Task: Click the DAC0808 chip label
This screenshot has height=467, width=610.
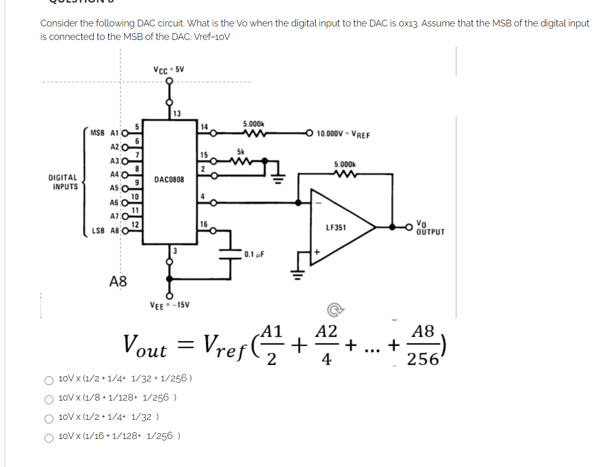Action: (x=169, y=180)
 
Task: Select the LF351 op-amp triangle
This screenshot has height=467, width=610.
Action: (x=340, y=227)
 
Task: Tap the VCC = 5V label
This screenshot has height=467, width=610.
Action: (x=168, y=70)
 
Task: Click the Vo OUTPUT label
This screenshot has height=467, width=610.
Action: (x=430, y=228)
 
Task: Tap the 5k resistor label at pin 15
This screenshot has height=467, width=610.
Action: (x=240, y=152)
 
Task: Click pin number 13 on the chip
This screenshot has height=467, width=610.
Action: (x=177, y=114)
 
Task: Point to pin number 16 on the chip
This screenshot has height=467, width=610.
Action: (x=204, y=224)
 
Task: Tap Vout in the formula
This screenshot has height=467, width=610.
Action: (x=145, y=345)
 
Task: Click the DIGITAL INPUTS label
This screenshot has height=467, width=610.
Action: (x=63, y=182)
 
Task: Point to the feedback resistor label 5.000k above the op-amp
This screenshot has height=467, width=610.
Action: (x=344, y=164)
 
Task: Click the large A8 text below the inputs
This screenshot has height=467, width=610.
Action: (x=118, y=282)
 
